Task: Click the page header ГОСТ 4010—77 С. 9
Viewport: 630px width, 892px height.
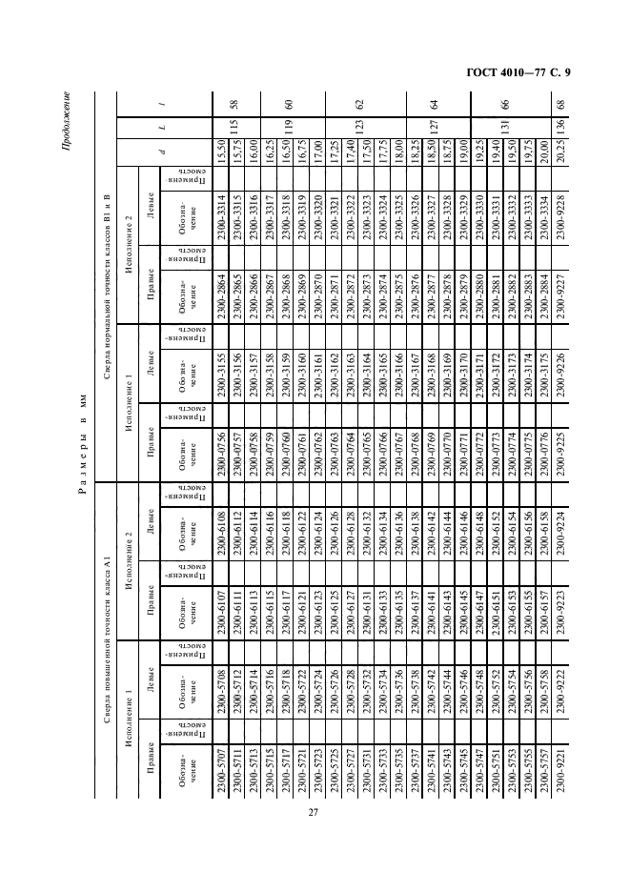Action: (x=544, y=74)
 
